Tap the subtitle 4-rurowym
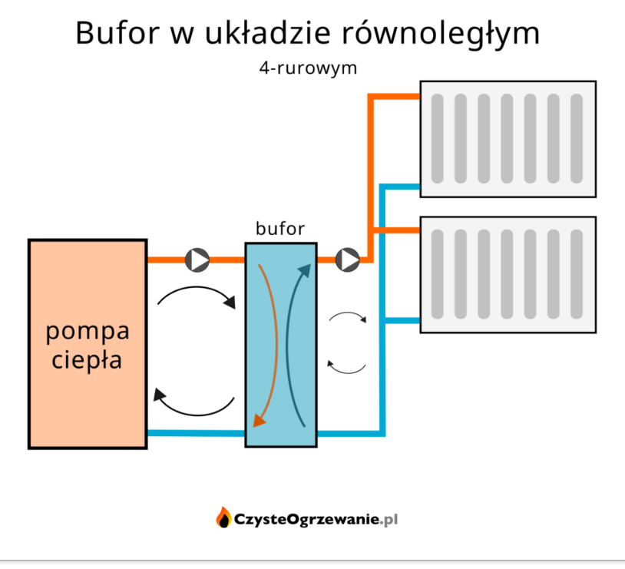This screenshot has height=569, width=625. click(309, 68)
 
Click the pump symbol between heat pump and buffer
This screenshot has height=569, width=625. click(197, 260)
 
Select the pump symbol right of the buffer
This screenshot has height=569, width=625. click(347, 260)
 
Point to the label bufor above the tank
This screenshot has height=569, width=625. click(280, 228)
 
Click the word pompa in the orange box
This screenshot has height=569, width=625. click(87, 332)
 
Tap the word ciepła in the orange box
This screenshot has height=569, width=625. click(87, 359)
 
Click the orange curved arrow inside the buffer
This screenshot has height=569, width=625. click(266, 342)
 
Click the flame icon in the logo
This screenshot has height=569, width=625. click(223, 518)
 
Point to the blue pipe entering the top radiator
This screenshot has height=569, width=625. click(401, 187)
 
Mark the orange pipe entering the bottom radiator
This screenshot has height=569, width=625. click(397, 230)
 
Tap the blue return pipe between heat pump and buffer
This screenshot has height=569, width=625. click(196, 433)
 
